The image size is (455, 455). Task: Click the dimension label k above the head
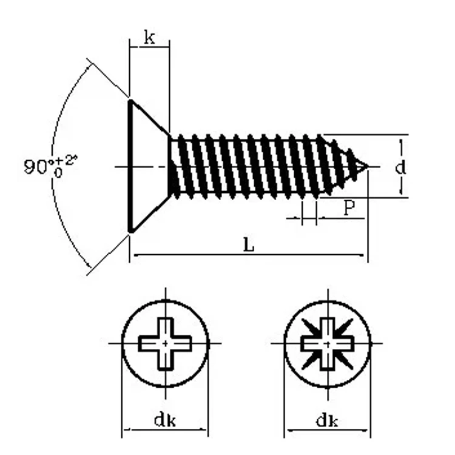(149, 38)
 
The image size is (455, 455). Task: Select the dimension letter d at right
(400, 167)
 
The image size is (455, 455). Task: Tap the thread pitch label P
(349, 208)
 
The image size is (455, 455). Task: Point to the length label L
(249, 245)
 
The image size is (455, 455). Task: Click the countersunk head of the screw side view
(146, 166)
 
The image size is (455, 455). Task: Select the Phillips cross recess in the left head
(165, 343)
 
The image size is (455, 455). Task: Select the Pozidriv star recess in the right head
(327, 343)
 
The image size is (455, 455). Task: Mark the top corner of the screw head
(130, 101)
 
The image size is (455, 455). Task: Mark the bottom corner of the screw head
(130, 231)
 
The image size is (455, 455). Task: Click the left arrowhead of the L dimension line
(134, 255)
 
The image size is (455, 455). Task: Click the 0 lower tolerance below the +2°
(58, 172)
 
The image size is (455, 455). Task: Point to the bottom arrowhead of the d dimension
(400, 192)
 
